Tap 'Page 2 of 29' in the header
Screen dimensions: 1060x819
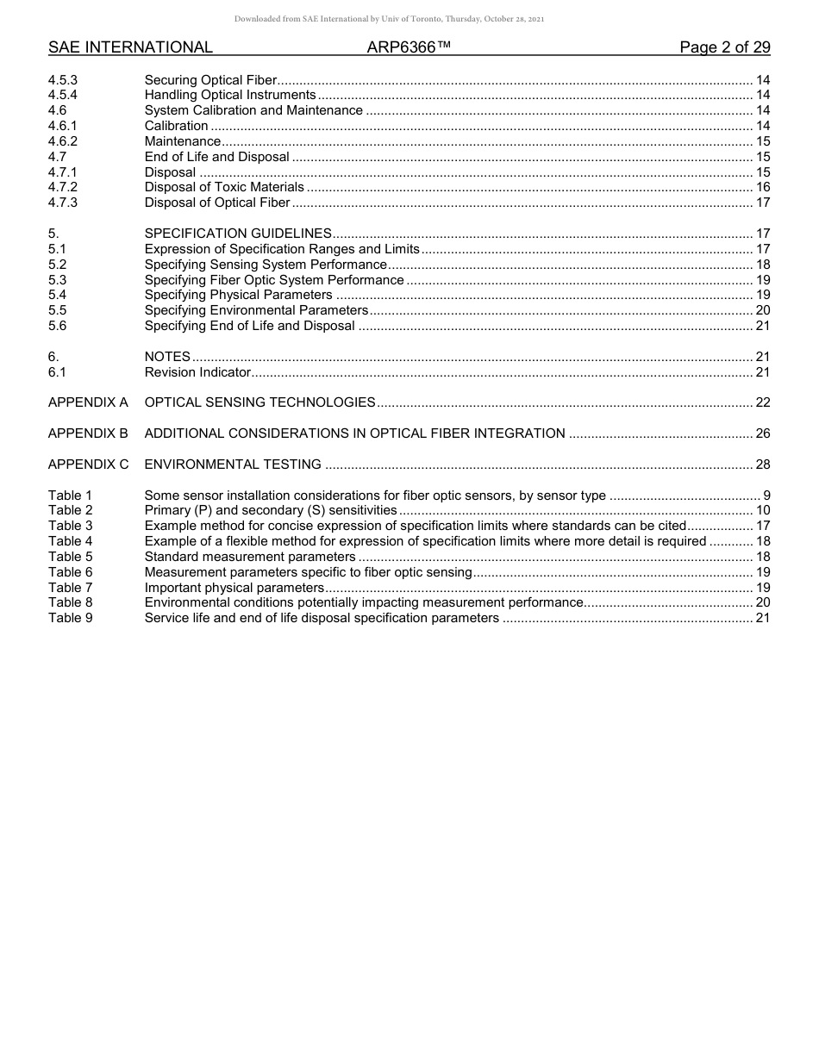pyautogui.click(x=724, y=47)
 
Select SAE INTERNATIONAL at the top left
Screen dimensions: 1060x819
pyautogui.click(x=130, y=47)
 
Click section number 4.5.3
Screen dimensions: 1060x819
pyautogui.click(x=63, y=80)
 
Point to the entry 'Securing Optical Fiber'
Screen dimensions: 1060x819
pyautogui.click(x=210, y=80)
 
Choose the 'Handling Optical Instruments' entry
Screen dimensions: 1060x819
pyautogui.click(x=230, y=95)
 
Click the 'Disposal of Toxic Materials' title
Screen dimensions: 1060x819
pyautogui.click(x=224, y=187)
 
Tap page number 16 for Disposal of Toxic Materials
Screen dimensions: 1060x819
pyautogui.click(x=762, y=187)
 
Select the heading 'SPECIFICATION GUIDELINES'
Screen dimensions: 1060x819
pyautogui.click(x=238, y=234)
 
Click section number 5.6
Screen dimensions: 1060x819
pyautogui.click(x=57, y=326)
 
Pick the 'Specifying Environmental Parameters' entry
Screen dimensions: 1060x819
pyautogui.click(x=256, y=310)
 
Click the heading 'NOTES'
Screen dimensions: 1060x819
pyautogui.click(x=167, y=357)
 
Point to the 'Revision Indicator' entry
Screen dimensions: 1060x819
pyautogui.click(x=197, y=372)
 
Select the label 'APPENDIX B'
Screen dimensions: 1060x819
pyautogui.click(x=88, y=433)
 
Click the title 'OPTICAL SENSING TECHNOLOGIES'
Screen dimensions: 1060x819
pyautogui.click(x=259, y=402)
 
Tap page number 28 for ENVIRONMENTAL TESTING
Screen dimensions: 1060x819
pyautogui.click(x=762, y=465)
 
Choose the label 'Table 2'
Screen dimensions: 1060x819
pyautogui.click(x=71, y=510)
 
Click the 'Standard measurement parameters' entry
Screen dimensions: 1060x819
pyautogui.click(x=250, y=557)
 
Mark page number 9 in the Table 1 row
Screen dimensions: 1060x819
pyautogui.click(x=766, y=496)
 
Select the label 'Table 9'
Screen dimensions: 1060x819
pyautogui.click(x=71, y=618)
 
